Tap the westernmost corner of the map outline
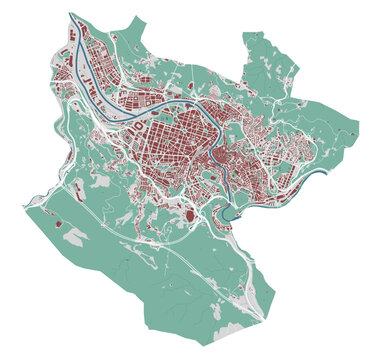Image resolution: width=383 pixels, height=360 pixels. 24,207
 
